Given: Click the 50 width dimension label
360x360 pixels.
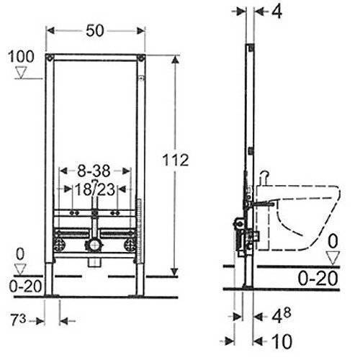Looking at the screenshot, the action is click(x=95, y=31).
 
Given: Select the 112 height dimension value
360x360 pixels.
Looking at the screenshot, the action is click(x=176, y=161).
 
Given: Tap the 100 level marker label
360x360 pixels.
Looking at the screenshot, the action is click(x=21, y=57).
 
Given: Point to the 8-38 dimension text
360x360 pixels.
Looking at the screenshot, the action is click(x=94, y=171).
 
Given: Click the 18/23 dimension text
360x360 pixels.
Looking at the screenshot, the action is click(x=95, y=189).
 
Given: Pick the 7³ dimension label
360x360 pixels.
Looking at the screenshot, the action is click(x=19, y=320).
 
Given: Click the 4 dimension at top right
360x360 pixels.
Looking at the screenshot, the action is click(x=276, y=12).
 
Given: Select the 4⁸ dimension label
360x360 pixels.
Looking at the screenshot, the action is click(x=282, y=315).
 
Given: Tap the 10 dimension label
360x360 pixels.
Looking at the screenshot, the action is click(x=282, y=341).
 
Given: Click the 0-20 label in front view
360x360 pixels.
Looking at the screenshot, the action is click(x=25, y=287).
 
